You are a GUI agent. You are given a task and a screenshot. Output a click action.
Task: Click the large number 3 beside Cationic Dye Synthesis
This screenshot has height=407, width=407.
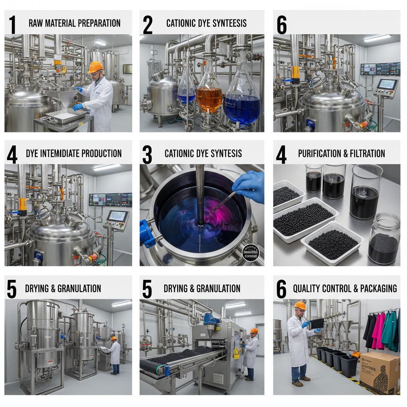(147, 155)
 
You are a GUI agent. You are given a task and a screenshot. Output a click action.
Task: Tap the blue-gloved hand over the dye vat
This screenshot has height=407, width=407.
(249, 185)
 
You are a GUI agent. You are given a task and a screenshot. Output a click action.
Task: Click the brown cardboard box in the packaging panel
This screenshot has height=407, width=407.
(379, 372)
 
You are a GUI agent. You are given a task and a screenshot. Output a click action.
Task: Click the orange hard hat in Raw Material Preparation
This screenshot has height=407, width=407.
(95, 67)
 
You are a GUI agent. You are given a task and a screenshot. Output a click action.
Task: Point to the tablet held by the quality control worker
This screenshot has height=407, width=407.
(317, 323)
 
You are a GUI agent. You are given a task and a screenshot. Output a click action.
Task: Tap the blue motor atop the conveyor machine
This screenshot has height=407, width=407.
(212, 319)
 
